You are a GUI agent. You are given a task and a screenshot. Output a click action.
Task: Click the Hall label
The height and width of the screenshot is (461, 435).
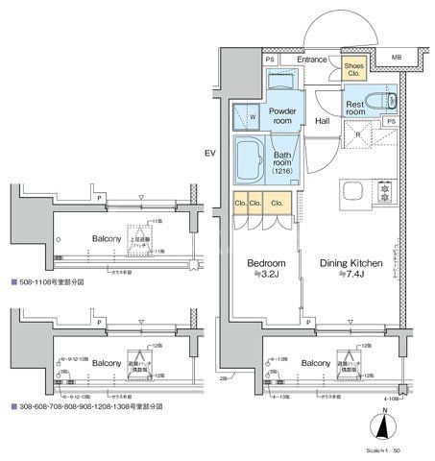pos(323,122)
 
